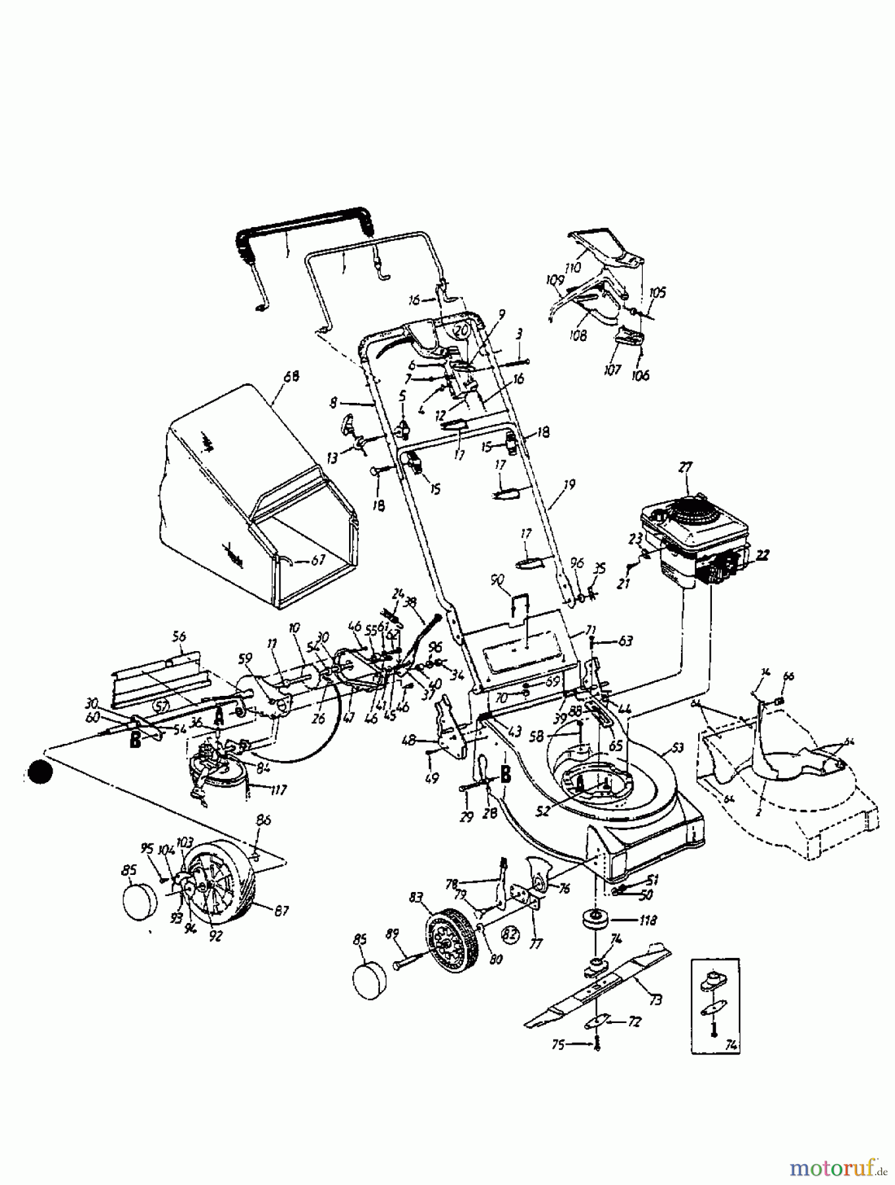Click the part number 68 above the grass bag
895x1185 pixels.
click(290, 377)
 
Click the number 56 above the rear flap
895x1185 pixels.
click(178, 637)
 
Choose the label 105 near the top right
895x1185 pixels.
click(657, 292)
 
